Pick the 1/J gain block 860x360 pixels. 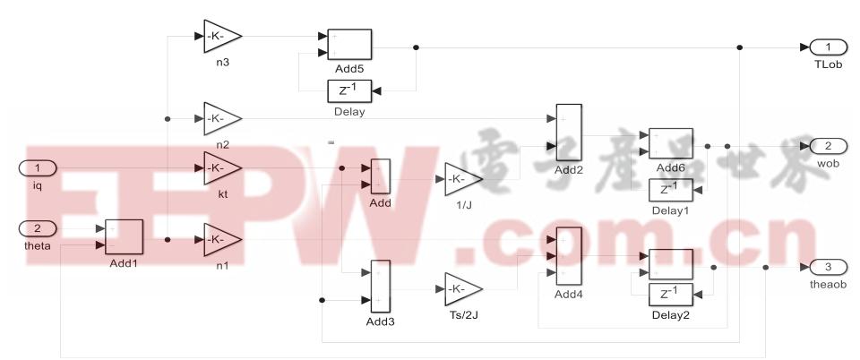[x=462, y=179]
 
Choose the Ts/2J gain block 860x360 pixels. [x=462, y=288]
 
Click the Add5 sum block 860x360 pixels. [x=345, y=45]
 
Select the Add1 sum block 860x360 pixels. [x=125, y=236]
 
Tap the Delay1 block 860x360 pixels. [x=669, y=191]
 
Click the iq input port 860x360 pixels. [x=38, y=167]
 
